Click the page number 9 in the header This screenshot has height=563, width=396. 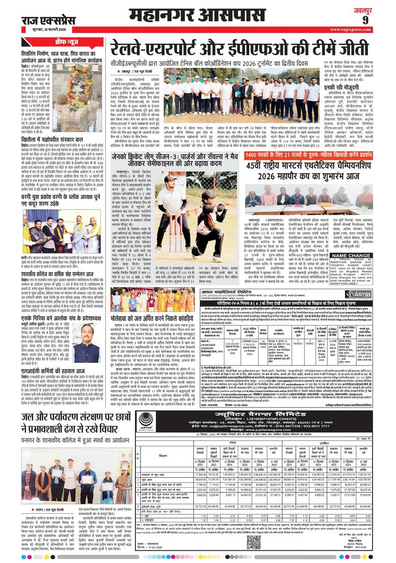coord(379,20)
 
